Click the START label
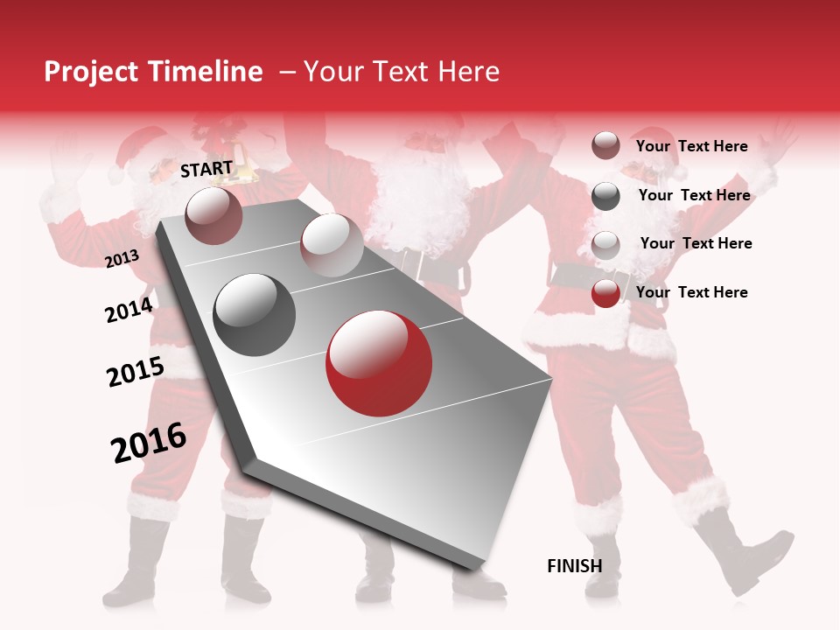(x=206, y=169)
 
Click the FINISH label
(x=574, y=566)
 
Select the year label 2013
(x=122, y=258)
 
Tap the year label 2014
(x=129, y=310)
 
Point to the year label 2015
(x=135, y=372)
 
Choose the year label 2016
(x=149, y=443)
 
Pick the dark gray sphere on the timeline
(x=255, y=315)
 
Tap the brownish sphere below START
(x=213, y=215)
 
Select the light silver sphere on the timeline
(x=332, y=245)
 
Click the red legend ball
(x=605, y=293)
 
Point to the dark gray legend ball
(x=605, y=196)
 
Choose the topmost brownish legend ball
(x=605, y=146)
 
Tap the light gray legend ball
(x=605, y=244)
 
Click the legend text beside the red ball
(x=691, y=292)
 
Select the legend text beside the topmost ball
(x=691, y=146)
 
